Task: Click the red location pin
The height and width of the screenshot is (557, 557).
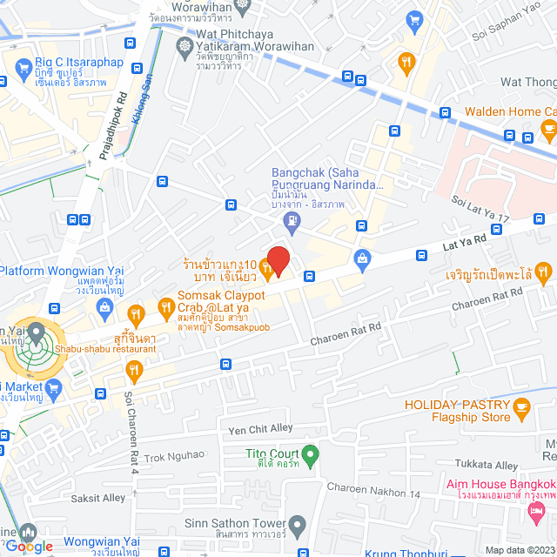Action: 278,259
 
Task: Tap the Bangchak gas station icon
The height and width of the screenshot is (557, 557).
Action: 291,225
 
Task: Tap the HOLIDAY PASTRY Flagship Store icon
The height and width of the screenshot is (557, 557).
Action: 522,406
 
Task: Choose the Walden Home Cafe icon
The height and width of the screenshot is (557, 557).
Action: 548,130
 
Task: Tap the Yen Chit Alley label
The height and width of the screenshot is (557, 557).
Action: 261,429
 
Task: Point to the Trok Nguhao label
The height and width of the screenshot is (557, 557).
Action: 174,455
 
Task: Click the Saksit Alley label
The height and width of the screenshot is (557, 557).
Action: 97,498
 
